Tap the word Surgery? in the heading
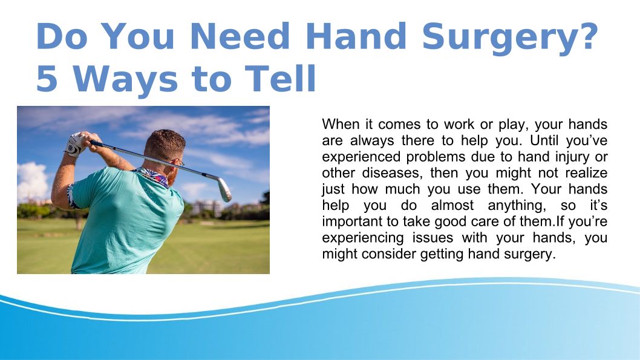pos(510,38)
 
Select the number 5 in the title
pos(47,79)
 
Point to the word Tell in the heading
pos(281,78)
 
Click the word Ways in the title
pos(125,80)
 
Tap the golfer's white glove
pos(74,144)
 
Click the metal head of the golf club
pos(224,189)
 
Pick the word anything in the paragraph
pos(517,205)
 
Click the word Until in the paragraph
pos(543,140)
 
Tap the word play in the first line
pos(514,125)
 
